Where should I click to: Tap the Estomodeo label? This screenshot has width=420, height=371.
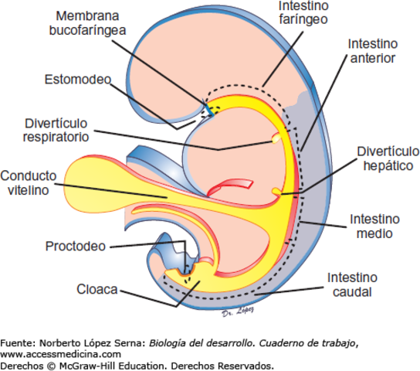pos(77,80)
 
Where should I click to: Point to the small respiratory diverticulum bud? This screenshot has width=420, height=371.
pos(276,139)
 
